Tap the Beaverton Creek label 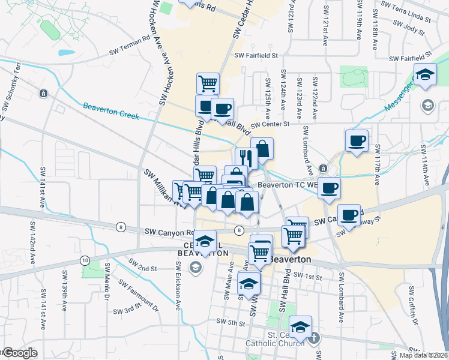111,110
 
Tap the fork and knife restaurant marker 246,158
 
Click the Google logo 19,353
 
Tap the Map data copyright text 424,355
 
